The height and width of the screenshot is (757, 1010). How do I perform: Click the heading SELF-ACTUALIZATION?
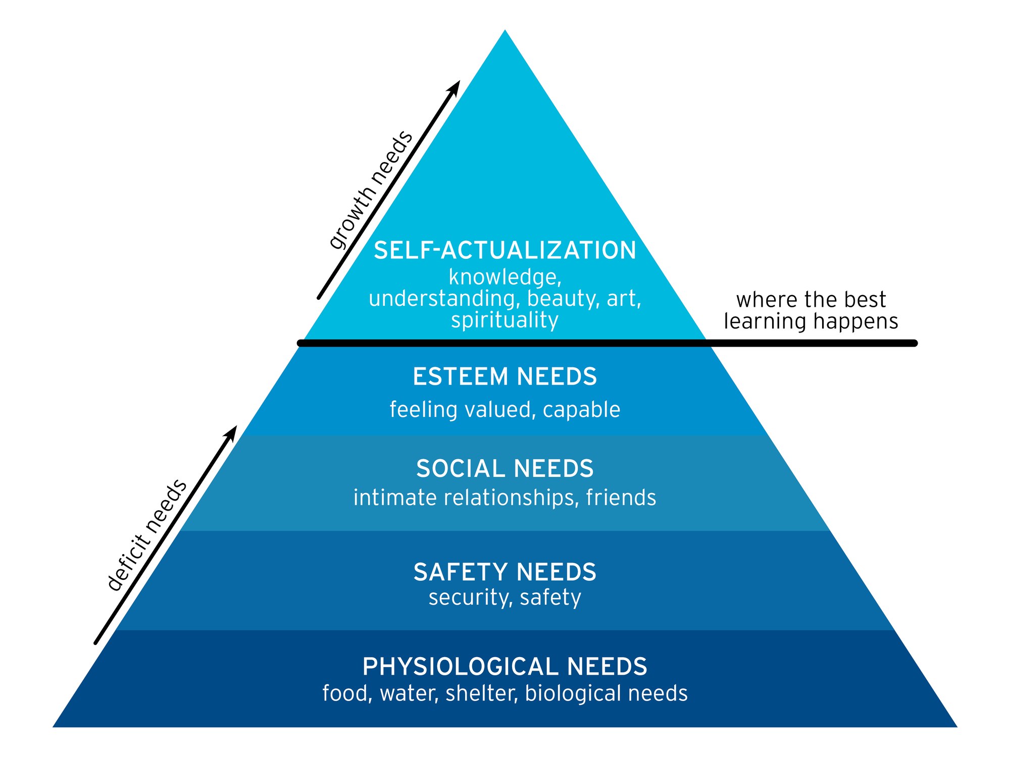tap(504, 251)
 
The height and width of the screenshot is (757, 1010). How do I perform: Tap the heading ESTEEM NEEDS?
tap(504, 377)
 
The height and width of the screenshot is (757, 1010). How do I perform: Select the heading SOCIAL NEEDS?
tap(504, 469)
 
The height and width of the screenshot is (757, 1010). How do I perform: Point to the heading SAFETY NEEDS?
tap(504, 572)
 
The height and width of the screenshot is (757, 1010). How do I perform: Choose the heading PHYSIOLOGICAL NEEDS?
tap(504, 667)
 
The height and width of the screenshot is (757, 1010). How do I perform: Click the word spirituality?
tap(504, 320)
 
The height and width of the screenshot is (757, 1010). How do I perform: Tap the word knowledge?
tap(503, 277)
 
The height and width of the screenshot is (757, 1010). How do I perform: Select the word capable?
tap(581, 409)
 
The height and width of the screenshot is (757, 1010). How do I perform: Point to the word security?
tap(468, 598)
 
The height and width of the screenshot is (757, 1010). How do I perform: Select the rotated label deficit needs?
tap(147, 535)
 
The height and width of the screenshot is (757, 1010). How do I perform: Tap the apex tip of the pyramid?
tap(504, 31)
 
